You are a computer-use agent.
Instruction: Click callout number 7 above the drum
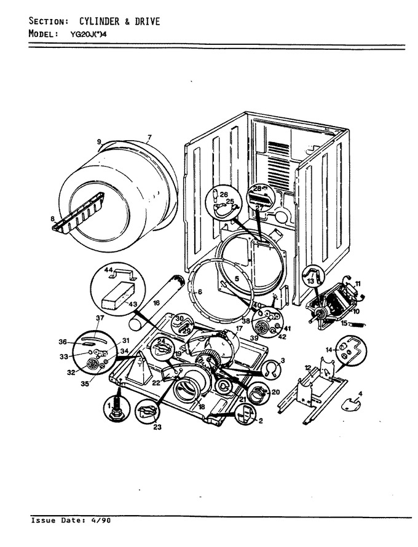(x=150, y=137)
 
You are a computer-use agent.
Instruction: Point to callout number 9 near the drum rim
(x=99, y=141)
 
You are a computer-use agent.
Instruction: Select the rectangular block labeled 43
(x=118, y=295)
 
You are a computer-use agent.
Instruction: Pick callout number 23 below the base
(x=157, y=427)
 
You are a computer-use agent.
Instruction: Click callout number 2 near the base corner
(x=261, y=421)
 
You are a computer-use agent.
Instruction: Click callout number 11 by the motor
(x=358, y=283)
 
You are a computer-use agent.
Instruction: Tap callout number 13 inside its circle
(x=310, y=281)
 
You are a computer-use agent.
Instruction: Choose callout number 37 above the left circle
(x=100, y=318)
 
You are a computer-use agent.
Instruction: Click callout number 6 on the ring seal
(x=200, y=292)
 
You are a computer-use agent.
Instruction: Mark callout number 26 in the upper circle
(x=223, y=194)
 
